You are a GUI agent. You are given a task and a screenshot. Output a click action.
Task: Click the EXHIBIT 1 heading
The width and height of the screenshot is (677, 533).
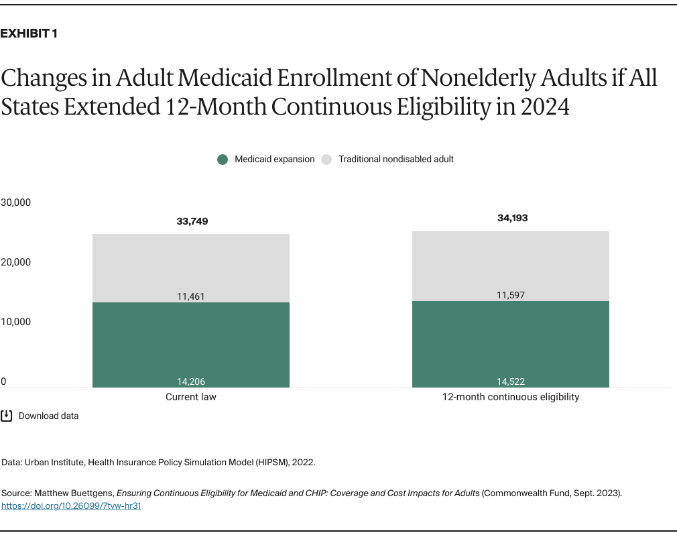coord(28,34)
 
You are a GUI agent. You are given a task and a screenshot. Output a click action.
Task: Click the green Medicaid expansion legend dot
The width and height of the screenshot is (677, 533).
coord(223,160)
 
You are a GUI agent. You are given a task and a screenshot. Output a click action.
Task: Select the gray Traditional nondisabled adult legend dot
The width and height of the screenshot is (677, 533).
coord(326,160)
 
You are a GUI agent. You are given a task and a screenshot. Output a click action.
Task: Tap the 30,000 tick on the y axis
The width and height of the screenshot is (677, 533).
coord(16,202)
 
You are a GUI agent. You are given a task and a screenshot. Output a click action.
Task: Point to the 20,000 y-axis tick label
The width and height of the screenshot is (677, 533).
coord(16,262)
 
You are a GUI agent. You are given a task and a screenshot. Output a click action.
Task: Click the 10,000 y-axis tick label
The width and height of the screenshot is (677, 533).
coord(16,322)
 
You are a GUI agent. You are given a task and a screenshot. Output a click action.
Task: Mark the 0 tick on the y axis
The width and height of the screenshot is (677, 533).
coord(3,381)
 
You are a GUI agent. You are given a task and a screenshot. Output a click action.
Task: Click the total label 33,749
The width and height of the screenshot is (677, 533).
coord(191,221)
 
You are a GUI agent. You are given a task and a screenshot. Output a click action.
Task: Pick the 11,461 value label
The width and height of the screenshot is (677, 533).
coord(191,296)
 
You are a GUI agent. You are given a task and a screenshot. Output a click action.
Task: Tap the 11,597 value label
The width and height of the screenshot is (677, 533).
coord(510,295)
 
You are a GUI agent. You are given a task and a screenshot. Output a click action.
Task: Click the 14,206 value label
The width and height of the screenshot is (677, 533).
coord(191,381)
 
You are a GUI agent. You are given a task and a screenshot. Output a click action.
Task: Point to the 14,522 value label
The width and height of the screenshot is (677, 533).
coord(510,381)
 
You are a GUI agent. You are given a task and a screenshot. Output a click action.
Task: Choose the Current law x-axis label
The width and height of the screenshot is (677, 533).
coord(191,397)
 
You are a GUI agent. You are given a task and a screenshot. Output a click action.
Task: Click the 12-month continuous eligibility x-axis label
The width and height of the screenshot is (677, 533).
coord(510,397)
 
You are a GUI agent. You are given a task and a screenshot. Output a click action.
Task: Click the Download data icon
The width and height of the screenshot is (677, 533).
coord(7,416)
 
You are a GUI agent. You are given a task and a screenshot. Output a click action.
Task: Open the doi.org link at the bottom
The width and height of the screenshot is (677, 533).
coord(71,506)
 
